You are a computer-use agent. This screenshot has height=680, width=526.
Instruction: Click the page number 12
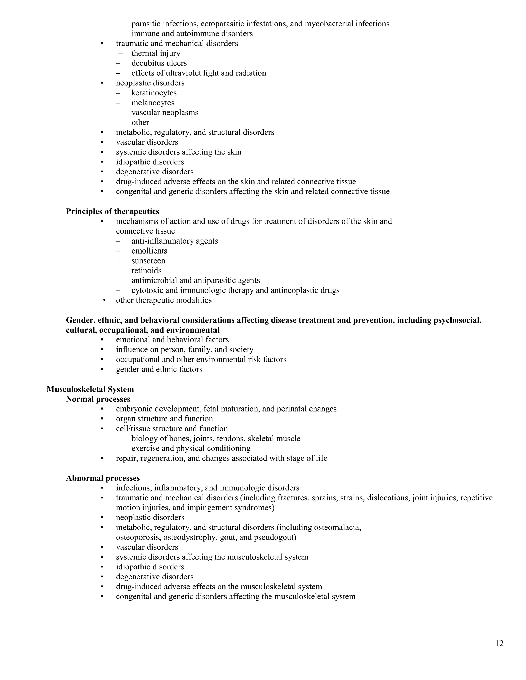[499, 644]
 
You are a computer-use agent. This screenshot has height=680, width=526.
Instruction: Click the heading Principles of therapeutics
[112, 211]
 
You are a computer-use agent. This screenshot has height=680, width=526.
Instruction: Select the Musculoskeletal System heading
[90, 389]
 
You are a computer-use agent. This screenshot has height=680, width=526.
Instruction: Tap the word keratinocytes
[154, 93]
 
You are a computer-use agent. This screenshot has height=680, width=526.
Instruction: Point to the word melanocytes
[153, 103]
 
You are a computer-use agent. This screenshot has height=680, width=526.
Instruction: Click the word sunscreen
[148, 261]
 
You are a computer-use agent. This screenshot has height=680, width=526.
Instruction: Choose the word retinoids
[146, 270]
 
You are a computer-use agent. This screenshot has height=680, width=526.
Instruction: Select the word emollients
[149, 251]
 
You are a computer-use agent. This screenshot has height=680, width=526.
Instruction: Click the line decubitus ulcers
[159, 63]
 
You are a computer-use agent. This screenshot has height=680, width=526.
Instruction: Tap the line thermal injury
[156, 53]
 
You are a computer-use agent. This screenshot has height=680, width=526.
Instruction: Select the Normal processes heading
[98, 399]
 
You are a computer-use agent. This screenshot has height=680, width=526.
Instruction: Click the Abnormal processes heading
[103, 478]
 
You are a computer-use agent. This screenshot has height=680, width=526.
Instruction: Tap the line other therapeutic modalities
[164, 300]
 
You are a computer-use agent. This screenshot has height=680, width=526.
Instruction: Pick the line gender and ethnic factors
[159, 369]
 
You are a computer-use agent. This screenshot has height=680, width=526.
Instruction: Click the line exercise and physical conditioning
[191, 448]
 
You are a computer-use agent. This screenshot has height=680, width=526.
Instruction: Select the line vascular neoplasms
[165, 113]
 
